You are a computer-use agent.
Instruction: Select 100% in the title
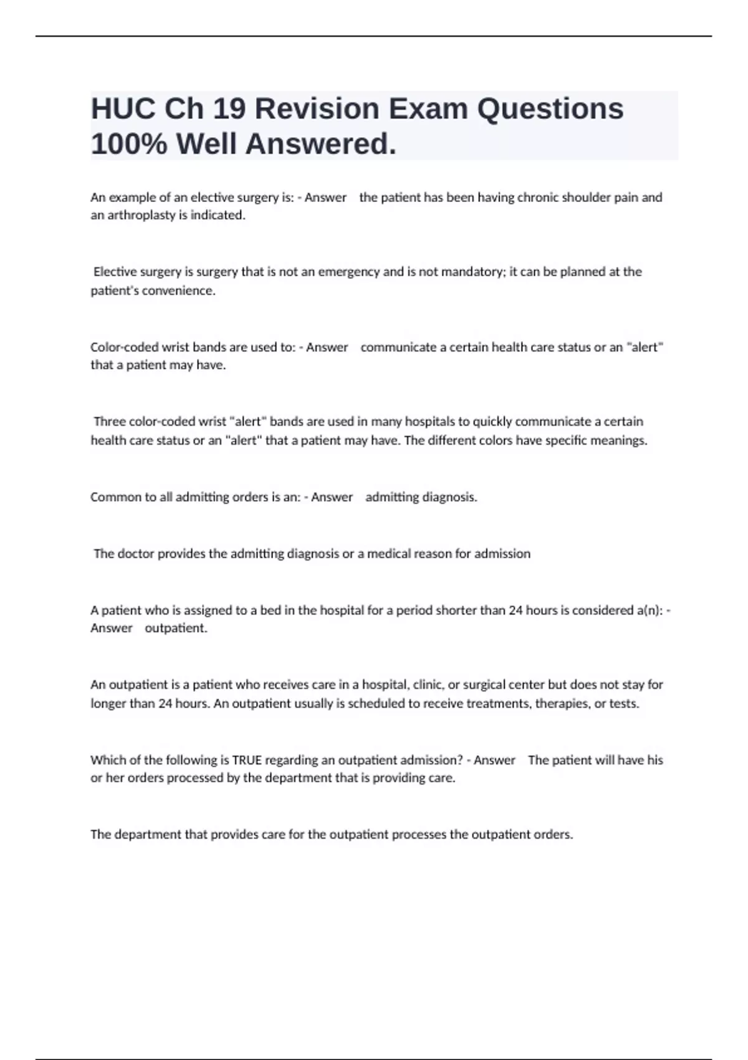point(129,145)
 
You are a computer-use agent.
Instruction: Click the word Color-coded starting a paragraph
point(122,347)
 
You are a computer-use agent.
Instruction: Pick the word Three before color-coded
point(110,422)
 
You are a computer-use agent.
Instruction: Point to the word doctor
point(135,554)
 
